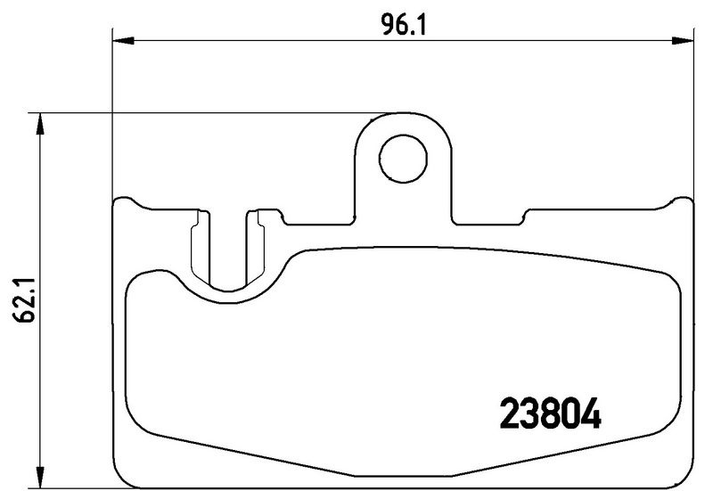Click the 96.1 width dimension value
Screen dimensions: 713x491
tap(403, 26)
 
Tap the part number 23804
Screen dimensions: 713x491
tap(550, 413)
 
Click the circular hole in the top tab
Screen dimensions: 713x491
tap(403, 158)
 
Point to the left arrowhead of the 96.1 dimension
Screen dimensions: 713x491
tap(124, 41)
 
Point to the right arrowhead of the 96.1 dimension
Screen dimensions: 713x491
tap(683, 41)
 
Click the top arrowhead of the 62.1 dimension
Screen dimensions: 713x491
tap(40, 124)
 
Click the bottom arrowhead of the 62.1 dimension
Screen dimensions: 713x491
tap(40, 477)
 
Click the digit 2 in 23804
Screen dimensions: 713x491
tap(509, 413)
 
